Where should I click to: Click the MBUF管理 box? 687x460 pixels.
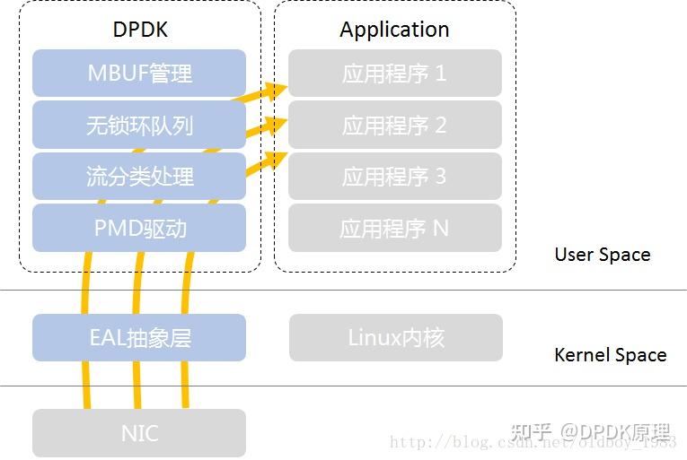139,73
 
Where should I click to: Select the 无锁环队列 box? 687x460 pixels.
139,125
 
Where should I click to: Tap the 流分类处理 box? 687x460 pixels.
139,176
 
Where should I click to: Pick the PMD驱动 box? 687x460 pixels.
139,228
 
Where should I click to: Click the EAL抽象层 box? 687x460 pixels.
139,338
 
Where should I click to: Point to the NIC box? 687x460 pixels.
139,433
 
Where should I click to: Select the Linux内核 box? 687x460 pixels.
395,338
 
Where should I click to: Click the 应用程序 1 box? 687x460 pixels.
394,74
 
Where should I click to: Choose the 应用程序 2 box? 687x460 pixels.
394,125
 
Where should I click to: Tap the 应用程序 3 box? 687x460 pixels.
394,176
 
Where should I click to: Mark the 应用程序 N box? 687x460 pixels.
394,228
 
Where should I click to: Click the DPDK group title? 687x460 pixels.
140,30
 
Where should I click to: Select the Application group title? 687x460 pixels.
394,30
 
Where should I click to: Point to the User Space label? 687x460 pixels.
602,255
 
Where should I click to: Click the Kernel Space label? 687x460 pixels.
610,355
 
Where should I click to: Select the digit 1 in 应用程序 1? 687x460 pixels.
440,74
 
